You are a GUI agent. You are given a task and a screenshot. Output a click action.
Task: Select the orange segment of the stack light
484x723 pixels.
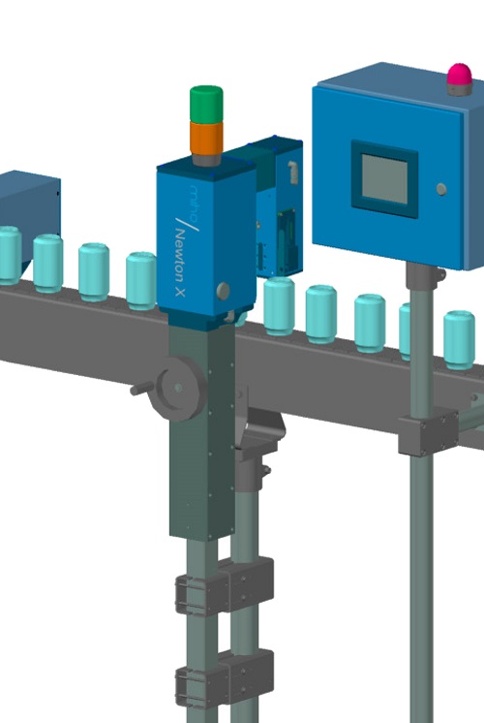205,138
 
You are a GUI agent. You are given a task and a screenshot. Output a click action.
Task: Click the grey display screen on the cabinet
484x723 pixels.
384,178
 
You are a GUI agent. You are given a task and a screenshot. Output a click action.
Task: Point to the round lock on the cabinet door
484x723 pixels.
441,189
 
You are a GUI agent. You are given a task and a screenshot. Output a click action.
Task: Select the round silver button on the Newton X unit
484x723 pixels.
224,290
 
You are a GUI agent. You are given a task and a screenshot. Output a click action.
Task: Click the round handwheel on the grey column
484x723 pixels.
179,388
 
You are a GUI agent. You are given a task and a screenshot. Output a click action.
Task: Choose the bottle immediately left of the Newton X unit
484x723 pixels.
140,279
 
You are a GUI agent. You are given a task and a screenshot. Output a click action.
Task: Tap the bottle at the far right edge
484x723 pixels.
459,339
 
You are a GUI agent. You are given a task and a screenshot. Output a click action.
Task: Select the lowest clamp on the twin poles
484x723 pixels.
224,684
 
